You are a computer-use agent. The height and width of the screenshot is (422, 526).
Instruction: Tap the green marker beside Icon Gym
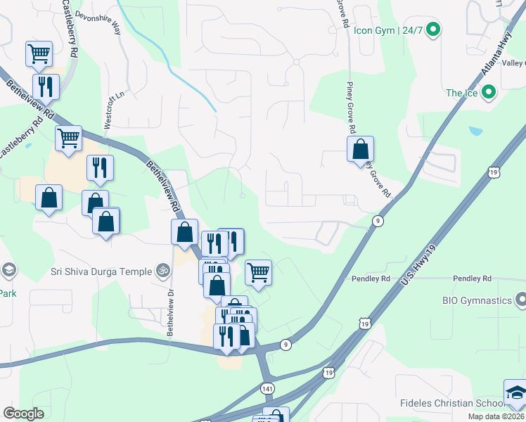pyautogui.click(x=434, y=30)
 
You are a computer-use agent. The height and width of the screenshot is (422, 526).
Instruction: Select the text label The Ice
pyautogui.click(x=461, y=93)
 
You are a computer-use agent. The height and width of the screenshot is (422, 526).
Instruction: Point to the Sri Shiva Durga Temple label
pyautogui.click(x=101, y=271)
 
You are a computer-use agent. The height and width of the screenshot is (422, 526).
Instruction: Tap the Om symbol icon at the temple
pyautogui.click(x=164, y=270)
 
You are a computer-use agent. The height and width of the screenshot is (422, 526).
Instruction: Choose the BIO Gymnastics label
pyautogui.click(x=477, y=300)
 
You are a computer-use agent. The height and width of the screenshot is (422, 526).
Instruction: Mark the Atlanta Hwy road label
pyautogui.click(x=496, y=56)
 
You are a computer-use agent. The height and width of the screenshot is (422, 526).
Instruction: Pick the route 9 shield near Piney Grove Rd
pyautogui.click(x=378, y=221)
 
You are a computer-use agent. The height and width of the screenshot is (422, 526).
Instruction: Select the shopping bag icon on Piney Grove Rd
pyautogui.click(x=360, y=150)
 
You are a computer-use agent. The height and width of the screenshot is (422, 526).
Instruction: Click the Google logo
pyautogui.click(x=23, y=414)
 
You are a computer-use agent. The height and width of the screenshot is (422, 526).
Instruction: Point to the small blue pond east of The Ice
pyautogui.click(x=476, y=131)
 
